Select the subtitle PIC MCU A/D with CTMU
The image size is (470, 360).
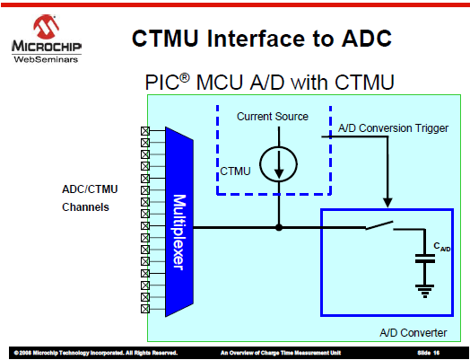click(270, 82)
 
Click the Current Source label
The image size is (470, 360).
click(272, 117)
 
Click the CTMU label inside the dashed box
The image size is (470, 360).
click(235, 171)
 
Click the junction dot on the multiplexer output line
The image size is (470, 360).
click(279, 227)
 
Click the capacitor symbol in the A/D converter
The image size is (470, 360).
click(425, 259)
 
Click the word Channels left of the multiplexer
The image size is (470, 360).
click(85, 207)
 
